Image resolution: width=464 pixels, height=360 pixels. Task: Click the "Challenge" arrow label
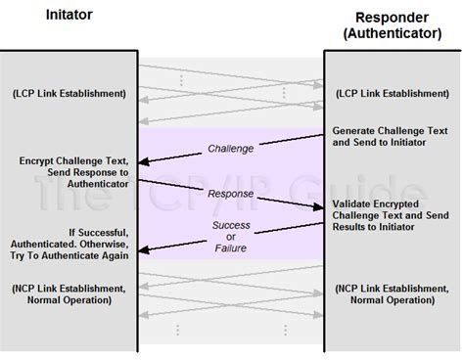coord(231,149)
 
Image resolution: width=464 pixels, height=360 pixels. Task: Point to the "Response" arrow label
coord(231,193)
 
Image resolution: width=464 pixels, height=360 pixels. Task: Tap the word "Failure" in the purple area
coord(231,248)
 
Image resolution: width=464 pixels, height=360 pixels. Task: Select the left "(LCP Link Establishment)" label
coord(70,94)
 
